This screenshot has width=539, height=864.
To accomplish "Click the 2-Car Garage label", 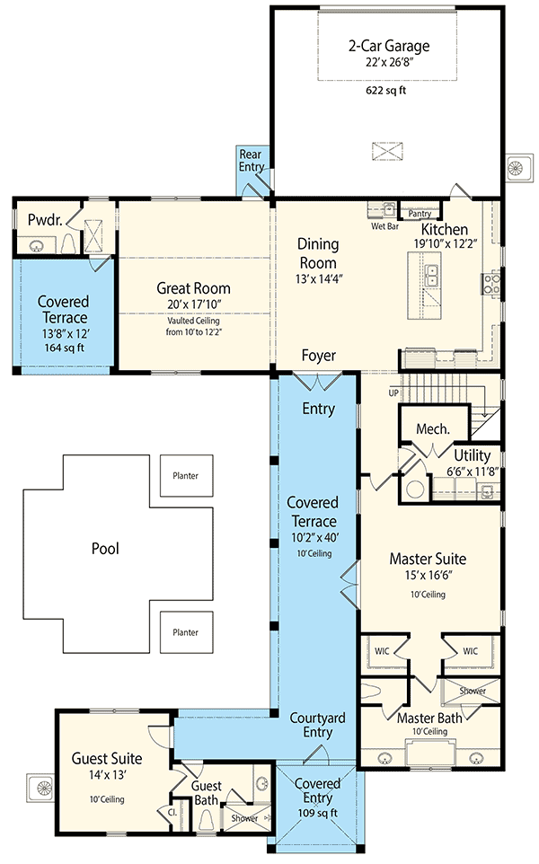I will (x=389, y=46).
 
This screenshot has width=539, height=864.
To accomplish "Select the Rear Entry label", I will (x=250, y=162).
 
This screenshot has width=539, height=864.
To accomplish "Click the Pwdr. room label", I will (x=44, y=219).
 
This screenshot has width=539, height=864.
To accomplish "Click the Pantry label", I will (x=420, y=214).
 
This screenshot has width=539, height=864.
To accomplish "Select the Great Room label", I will (x=193, y=288).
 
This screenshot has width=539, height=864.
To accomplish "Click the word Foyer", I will (x=318, y=357).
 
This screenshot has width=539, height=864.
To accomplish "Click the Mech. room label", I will (x=432, y=429).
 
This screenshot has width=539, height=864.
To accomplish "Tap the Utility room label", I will (x=472, y=455).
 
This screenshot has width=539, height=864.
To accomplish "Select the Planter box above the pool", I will (x=186, y=476).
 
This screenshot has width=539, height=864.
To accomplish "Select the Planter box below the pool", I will (x=186, y=632).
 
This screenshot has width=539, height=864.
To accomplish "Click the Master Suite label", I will (x=427, y=559).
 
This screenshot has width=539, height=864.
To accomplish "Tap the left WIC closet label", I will (x=383, y=650).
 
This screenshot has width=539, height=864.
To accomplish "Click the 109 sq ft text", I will (x=318, y=813).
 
